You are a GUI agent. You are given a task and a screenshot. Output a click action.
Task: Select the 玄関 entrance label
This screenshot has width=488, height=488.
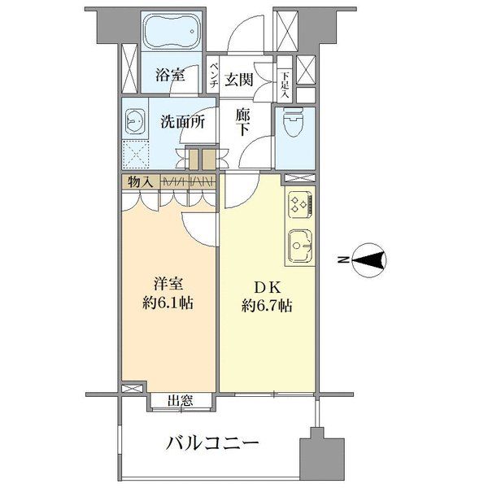242,77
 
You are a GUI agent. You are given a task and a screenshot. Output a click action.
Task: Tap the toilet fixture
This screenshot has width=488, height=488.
290,122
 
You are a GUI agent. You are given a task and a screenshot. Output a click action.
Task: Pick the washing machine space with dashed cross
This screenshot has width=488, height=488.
136,154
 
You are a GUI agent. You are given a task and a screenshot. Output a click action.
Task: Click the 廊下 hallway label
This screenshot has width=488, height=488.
242,122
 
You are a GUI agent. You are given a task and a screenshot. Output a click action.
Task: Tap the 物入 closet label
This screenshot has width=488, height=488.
141,181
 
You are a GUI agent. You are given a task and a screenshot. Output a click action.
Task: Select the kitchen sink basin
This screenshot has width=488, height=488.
299,244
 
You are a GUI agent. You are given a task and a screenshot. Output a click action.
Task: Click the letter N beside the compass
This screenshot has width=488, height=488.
343,260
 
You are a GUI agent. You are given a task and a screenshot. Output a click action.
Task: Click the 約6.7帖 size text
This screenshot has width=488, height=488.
267,306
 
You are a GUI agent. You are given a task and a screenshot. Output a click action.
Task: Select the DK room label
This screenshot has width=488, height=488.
265,286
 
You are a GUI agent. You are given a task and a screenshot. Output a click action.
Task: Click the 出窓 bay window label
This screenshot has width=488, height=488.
180,400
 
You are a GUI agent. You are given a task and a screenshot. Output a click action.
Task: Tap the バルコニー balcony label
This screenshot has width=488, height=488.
213,444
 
